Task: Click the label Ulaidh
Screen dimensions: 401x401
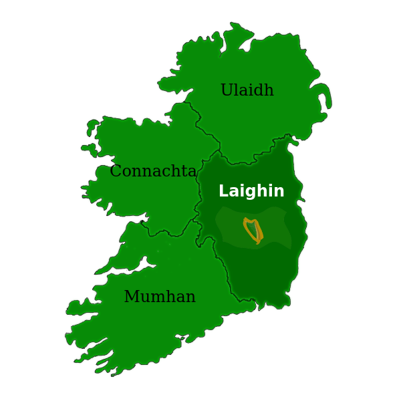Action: pyautogui.click(x=247, y=90)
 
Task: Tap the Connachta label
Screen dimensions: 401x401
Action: pyautogui.click(x=153, y=171)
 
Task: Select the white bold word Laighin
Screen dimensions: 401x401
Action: pyautogui.click(x=251, y=191)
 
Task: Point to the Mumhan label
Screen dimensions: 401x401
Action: pyautogui.click(x=160, y=297)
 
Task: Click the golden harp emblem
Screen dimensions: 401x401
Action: pyautogui.click(x=253, y=230)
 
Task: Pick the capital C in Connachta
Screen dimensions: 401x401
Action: pyautogui.click(x=116, y=172)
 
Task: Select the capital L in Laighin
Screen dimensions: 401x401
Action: pyautogui.click(x=223, y=191)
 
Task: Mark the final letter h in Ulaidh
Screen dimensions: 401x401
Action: pyautogui.click(x=269, y=90)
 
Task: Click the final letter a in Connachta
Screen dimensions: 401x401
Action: pyautogui.click(x=192, y=172)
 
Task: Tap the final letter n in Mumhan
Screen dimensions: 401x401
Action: pyautogui.click(x=190, y=298)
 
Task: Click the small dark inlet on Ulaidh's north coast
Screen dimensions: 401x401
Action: pyautogui.click(x=246, y=46)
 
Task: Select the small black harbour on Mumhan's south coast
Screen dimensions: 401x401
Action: pyautogui.click(x=179, y=336)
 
